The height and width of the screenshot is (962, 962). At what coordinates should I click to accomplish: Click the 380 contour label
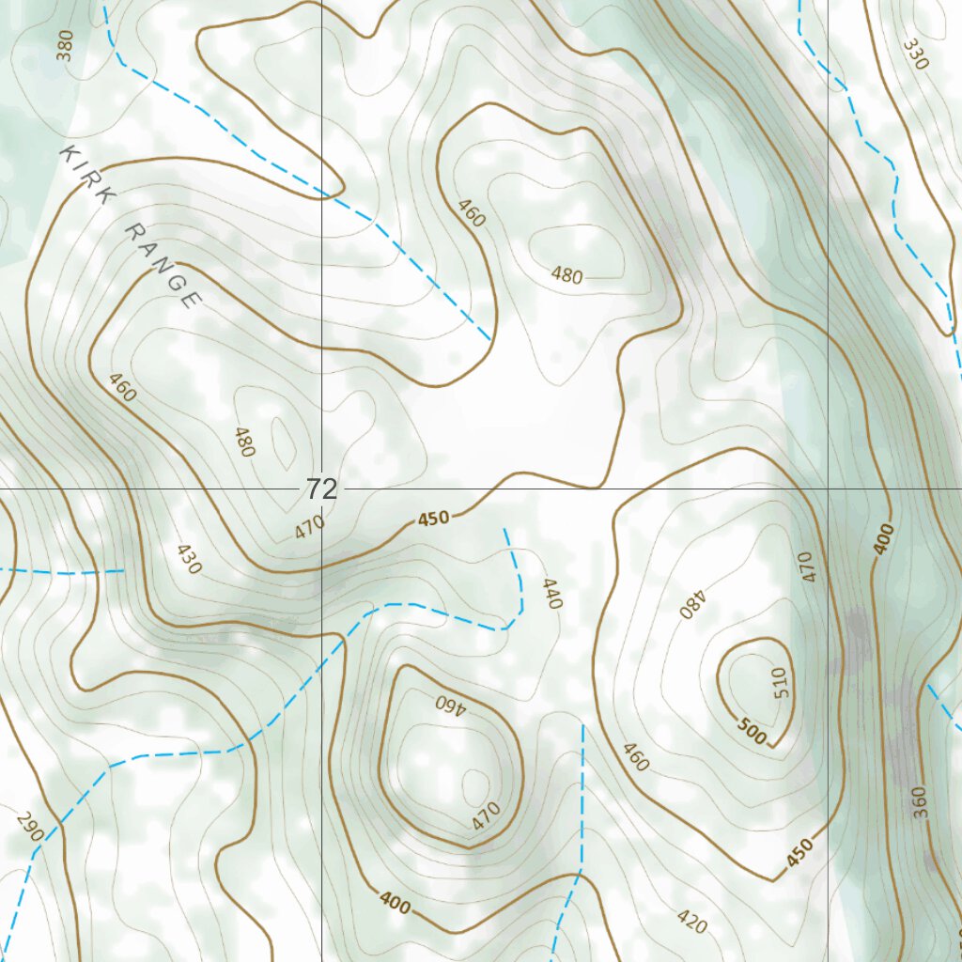pos(64,45)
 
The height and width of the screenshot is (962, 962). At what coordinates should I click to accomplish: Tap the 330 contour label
pos(915,54)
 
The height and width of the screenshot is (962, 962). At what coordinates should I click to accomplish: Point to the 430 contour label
pos(188,559)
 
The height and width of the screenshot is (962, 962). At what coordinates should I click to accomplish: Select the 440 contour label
pos(551,594)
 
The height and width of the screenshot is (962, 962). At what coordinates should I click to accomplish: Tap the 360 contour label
pos(920,801)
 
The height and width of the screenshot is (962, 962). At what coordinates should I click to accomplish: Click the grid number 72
pos(320,489)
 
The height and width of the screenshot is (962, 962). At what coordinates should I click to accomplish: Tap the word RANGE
pos(163,266)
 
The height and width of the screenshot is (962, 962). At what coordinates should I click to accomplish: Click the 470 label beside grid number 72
pos(309,527)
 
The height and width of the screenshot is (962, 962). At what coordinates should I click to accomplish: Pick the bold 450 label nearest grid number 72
pos(433,518)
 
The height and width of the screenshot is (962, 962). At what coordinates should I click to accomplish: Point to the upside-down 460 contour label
pos(450,704)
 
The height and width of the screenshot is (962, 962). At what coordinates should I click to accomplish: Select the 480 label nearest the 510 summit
pos(691,603)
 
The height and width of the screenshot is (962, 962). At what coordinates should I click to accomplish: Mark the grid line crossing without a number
pos(828,489)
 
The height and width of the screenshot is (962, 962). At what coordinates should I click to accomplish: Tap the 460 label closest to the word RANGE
pos(122,387)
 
